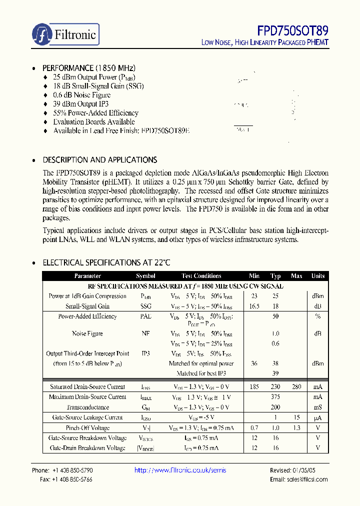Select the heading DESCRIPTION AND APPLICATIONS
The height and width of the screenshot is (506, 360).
(99, 160)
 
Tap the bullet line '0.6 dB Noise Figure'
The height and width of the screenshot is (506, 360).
(81, 95)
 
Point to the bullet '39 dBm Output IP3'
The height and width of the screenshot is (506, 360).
(80, 104)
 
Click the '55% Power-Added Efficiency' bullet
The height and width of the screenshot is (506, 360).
(95, 113)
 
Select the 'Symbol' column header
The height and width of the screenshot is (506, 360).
(145, 276)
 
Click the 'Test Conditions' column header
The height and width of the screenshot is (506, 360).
(201, 276)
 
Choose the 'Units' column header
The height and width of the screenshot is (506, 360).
(318, 276)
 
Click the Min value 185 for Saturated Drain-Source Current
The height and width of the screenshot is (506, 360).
(254, 386)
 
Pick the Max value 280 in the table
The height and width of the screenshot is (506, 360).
(296, 386)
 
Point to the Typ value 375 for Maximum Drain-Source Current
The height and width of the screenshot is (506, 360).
(275, 397)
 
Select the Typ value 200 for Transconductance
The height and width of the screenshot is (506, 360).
(275, 407)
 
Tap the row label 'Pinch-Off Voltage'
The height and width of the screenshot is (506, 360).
(87, 428)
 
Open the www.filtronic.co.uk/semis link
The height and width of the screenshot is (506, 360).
(180, 470)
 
